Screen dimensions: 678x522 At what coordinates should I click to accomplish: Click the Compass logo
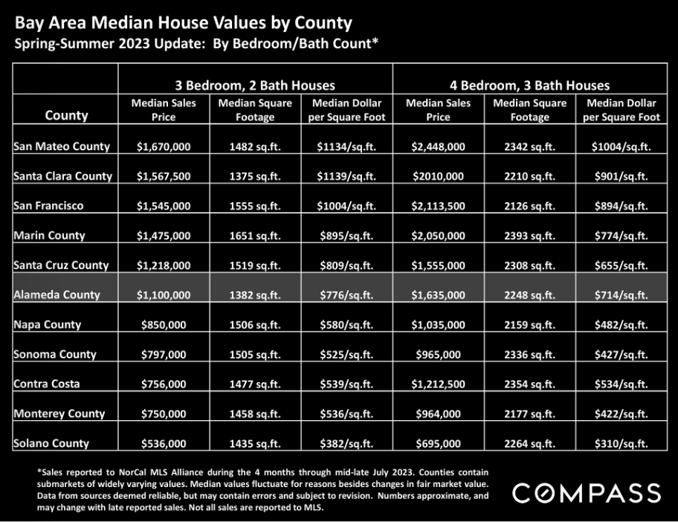[587, 493]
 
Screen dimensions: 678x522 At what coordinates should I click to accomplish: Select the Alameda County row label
[56, 294]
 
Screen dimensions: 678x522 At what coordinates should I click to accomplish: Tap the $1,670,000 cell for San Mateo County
[164, 146]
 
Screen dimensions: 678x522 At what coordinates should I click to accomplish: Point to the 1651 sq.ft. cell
[255, 236]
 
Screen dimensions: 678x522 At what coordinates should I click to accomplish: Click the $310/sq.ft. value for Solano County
[621, 443]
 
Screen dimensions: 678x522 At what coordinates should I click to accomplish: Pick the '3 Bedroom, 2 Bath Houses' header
[255, 86]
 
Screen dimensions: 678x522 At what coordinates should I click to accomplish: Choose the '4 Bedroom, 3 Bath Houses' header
[529, 86]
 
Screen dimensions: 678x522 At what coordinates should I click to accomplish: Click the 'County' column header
[66, 115]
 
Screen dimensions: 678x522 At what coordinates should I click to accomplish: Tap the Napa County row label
[47, 324]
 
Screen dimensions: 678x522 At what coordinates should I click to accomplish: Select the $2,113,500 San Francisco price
[438, 206]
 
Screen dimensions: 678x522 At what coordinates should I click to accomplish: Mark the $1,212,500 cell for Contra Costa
[438, 384]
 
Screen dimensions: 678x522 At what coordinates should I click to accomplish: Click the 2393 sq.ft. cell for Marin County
[529, 236]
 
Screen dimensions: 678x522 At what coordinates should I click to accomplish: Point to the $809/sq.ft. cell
[346, 265]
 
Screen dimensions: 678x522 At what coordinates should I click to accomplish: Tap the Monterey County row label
[59, 413]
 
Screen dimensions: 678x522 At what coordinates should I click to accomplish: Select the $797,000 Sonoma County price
[164, 355]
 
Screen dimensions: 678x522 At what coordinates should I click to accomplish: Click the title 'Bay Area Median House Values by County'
[184, 22]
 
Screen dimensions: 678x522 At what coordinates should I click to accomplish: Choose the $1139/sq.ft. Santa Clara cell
[346, 176]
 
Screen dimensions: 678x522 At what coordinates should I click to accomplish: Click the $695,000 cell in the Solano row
[438, 443]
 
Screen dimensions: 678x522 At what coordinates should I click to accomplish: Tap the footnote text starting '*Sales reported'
[262, 489]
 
